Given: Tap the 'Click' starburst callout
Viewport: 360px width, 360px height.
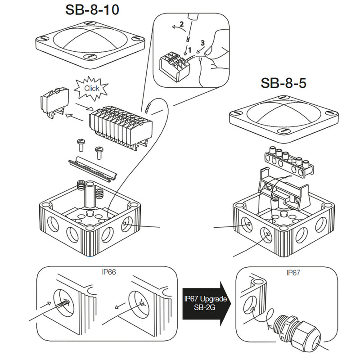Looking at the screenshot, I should coord(92,88).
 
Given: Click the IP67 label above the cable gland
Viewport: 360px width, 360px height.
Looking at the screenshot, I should coord(294,273).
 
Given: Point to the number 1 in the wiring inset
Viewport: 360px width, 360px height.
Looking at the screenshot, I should coord(190,49).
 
